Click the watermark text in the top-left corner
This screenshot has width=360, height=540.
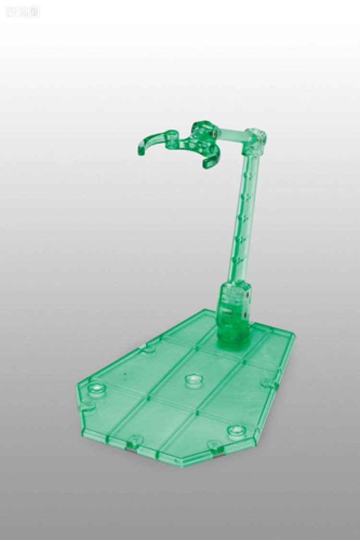pyautogui.click(x=23, y=12)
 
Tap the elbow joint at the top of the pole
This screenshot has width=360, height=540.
pyautogui.click(x=255, y=140)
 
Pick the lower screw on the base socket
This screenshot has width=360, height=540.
pyautogui.click(x=245, y=316)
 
